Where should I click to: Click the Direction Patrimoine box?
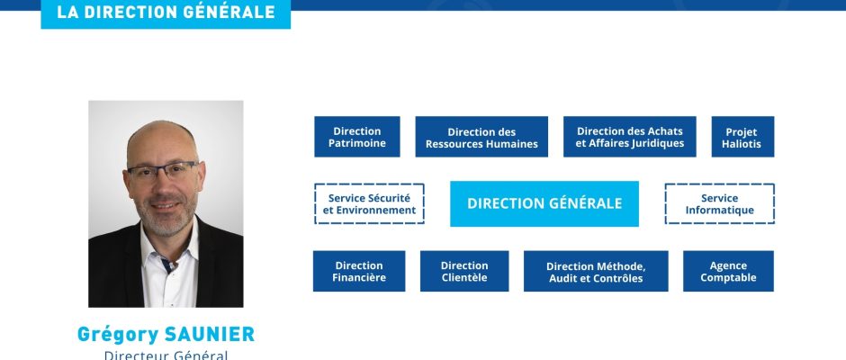coord(357,137)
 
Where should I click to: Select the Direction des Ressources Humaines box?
coord(481,137)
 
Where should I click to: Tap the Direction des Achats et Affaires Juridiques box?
coord(630,137)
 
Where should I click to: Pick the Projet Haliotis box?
coord(742,137)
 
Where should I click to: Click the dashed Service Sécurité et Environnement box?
coord(369,203)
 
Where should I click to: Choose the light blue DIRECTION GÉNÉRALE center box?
coord(544,203)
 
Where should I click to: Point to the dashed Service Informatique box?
coord(720,203)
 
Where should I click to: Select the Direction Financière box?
coord(359,271)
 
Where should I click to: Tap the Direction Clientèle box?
coord(464,271)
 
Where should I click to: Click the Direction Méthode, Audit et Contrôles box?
coord(596,271)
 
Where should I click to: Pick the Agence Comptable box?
coord(728,271)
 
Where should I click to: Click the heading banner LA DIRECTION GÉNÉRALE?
coord(166,13)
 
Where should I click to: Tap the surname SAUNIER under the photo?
coord(209,334)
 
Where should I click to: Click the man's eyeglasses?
coord(162,171)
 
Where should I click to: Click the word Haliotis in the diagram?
coord(742,144)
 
